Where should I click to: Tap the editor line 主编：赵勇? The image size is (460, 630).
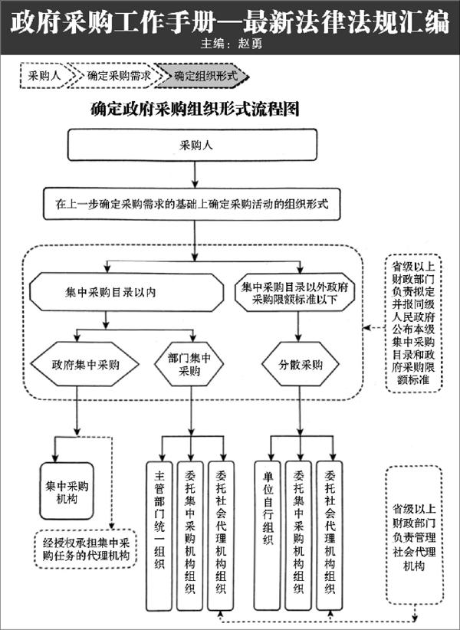tap(229, 44)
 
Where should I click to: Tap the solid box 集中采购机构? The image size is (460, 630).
tap(68, 491)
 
